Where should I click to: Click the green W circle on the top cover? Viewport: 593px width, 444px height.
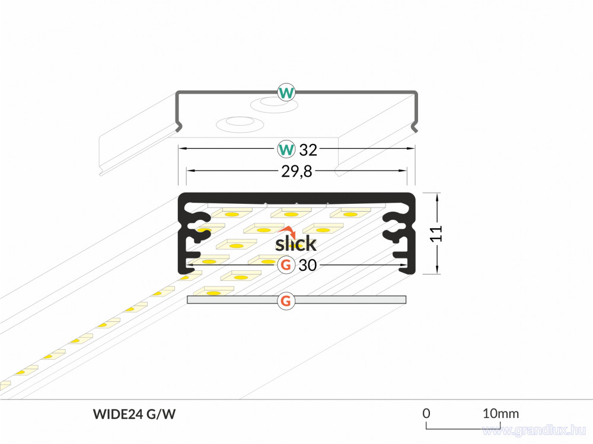tap(286, 92)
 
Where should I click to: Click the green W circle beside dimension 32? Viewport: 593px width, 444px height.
tap(286, 149)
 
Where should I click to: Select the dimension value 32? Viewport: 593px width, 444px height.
tap(308, 150)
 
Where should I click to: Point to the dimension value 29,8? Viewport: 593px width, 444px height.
tap(296, 171)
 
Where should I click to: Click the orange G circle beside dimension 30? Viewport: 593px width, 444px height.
tap(286, 265)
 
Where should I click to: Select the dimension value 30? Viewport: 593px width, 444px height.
tap(307, 265)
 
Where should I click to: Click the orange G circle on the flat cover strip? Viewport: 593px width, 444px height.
tap(286, 301)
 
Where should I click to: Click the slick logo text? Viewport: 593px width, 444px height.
tap(295, 243)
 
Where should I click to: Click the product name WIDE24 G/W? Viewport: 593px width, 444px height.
tap(134, 414)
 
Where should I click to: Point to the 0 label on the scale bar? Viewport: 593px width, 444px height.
tap(426, 413)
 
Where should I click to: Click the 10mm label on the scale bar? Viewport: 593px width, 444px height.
tap(500, 413)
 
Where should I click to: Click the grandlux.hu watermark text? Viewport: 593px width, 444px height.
tap(534, 430)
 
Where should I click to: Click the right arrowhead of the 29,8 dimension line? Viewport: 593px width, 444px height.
tap(403, 171)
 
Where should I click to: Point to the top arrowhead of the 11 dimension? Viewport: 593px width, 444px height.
tap(437, 197)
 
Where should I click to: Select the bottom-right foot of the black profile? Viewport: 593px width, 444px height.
tap(408, 269)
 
